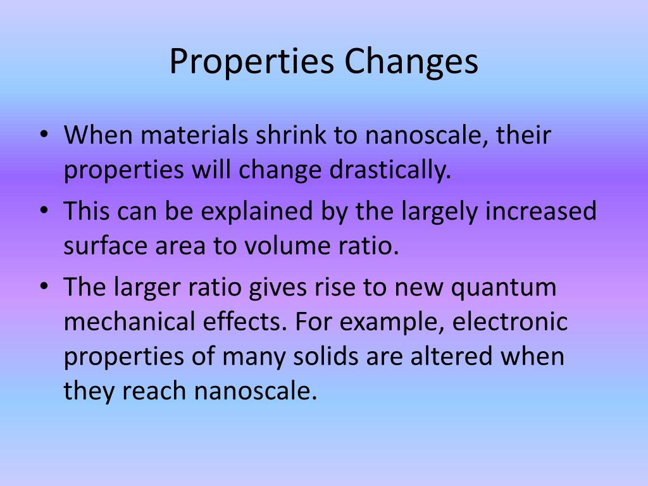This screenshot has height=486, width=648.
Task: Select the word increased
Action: click(x=541, y=211)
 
